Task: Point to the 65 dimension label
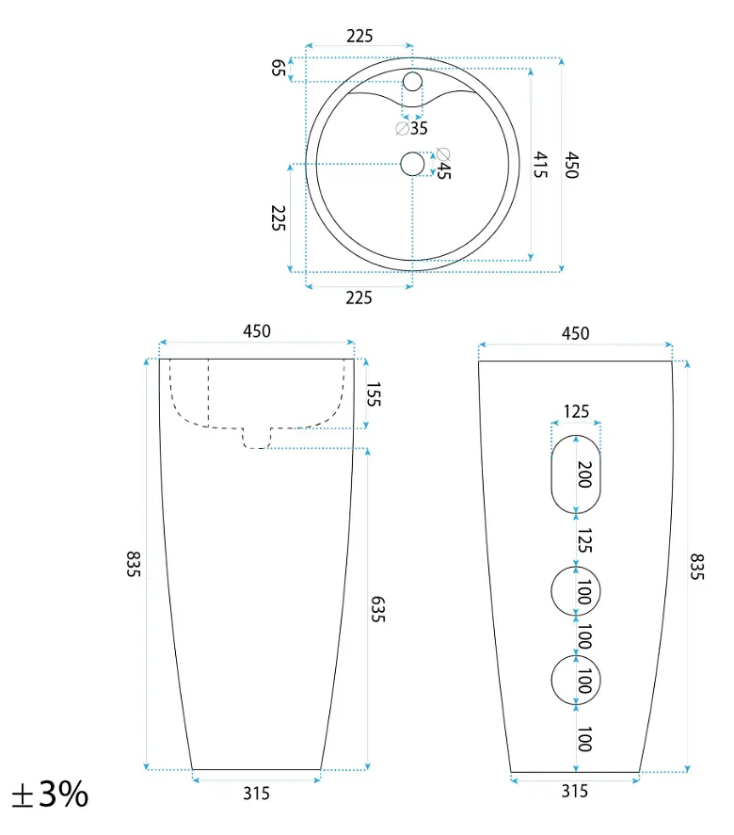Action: coord(279,68)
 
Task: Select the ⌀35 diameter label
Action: coord(411,128)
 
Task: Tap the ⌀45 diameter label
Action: coord(443,164)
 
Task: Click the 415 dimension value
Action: coord(541,165)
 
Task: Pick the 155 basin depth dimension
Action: coord(374,394)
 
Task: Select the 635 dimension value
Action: coord(377,609)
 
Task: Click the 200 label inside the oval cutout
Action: coord(584,474)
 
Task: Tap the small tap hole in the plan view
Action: coord(412,82)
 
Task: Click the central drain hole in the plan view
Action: coord(412,164)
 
